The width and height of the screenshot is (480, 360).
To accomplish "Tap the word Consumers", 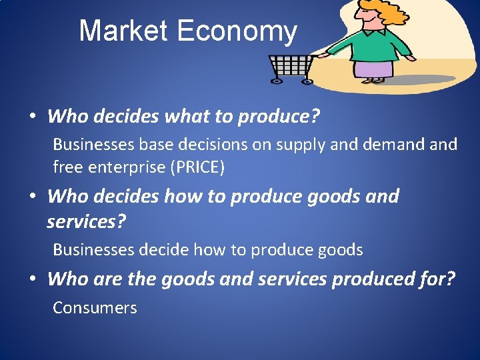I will [95, 308].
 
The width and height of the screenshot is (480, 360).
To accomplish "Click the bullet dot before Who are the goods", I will [32, 279].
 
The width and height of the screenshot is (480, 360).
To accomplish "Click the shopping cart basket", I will [291, 65].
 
